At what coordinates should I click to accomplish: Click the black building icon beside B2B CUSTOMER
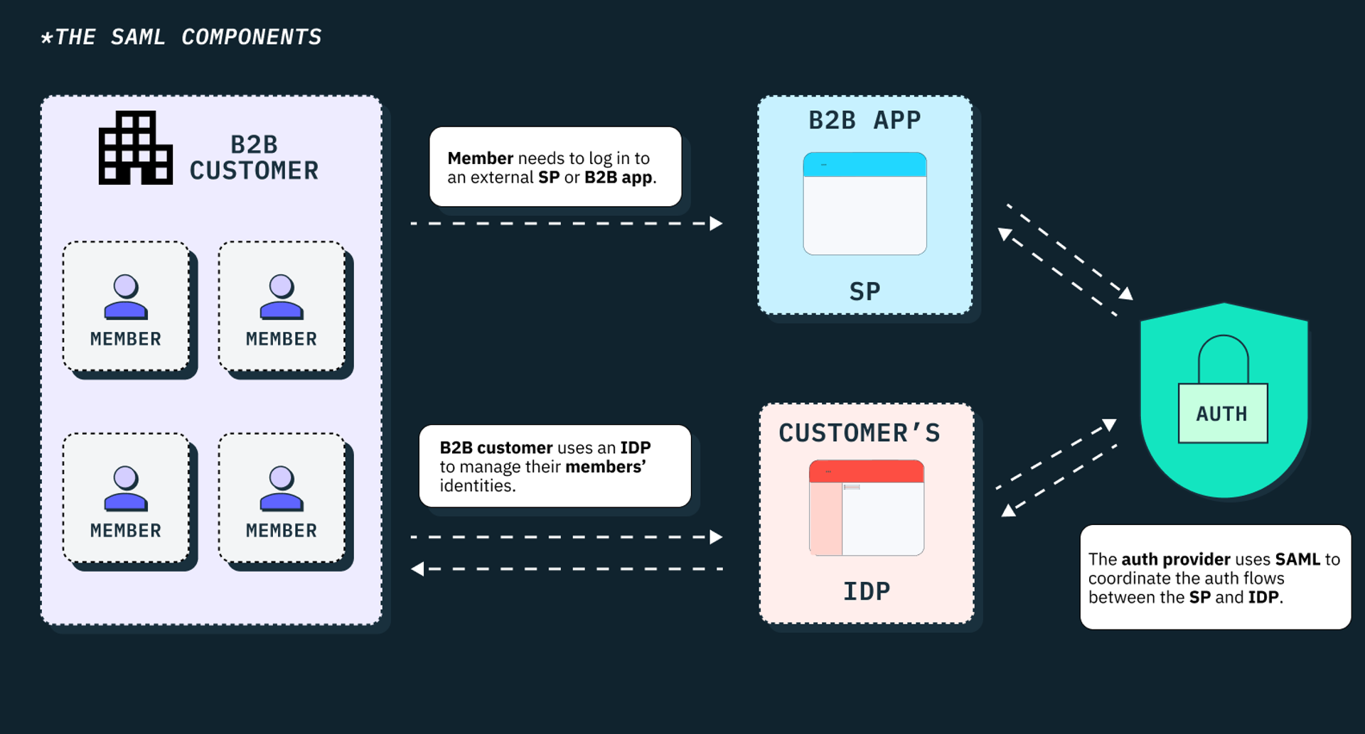coord(135,148)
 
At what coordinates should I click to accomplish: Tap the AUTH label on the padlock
coord(1221,414)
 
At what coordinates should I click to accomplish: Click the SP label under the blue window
coord(864,291)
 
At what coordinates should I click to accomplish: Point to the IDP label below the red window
coord(866,591)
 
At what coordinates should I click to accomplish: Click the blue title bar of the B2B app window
coord(864,164)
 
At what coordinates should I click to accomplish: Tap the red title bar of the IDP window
coord(866,471)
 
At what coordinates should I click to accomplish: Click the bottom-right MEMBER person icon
coord(282,488)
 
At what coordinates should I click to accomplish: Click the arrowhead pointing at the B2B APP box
coord(717,223)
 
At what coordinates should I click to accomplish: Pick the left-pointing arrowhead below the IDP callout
coord(417,568)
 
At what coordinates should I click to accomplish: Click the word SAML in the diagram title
coord(137,37)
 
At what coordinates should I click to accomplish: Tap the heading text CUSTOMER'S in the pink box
coord(859,433)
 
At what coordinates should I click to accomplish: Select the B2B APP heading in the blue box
coord(864,120)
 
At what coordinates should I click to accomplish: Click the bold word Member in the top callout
coord(480,158)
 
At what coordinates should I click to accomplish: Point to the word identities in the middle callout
coord(476,486)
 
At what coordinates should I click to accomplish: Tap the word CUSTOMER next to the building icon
coord(254,171)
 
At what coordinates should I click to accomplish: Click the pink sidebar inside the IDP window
coord(825,519)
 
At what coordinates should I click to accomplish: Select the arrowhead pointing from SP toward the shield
coord(1126,293)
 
